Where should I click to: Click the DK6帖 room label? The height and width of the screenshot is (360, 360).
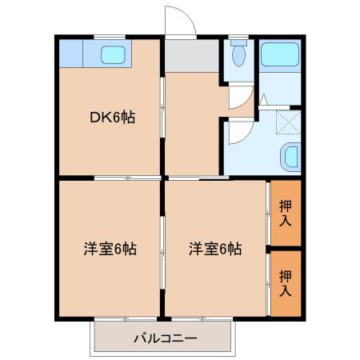tap(113, 118)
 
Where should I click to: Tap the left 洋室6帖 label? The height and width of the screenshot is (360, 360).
tap(110, 249)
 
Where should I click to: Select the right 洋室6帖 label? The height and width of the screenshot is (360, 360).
tap(215, 249)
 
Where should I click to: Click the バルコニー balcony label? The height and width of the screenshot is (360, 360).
tap(166, 338)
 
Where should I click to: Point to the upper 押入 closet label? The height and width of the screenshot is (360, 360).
tap(286, 214)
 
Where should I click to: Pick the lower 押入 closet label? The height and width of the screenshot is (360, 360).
tap(286, 283)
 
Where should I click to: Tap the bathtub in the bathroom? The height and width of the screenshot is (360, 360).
tap(280, 54)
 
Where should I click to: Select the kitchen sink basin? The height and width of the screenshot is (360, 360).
tap(113, 55)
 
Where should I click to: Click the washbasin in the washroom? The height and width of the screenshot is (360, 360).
tap(290, 156)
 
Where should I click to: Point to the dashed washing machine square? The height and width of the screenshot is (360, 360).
tap(288, 122)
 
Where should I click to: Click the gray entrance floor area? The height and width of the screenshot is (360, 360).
tap(192, 56)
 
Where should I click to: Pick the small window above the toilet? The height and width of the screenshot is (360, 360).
tap(238, 37)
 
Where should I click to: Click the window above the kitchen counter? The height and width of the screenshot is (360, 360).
tap(110, 37)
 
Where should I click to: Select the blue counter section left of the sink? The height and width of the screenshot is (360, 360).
tap(70, 54)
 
